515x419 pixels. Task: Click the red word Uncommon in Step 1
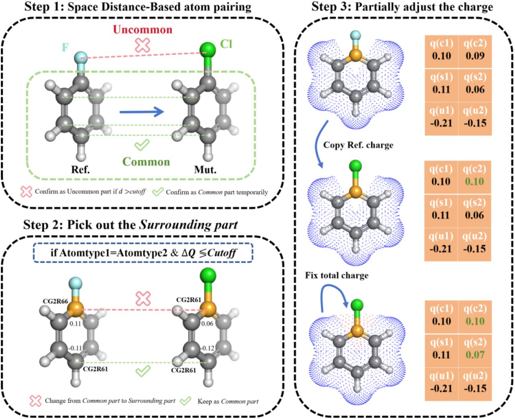tap(142, 30)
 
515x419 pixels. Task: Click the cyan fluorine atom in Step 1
tap(81, 57)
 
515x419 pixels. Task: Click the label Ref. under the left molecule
tap(80, 170)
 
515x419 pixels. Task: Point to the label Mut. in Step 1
tap(205, 170)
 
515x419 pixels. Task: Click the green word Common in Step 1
tap(146, 162)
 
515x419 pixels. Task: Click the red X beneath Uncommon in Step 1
tap(142, 46)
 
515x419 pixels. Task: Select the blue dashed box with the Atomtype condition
tap(143, 253)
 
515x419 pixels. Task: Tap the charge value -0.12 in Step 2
tap(207, 348)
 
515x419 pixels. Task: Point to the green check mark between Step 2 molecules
tap(142, 371)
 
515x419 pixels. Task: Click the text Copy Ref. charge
tap(358, 145)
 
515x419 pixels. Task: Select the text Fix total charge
tap(336, 276)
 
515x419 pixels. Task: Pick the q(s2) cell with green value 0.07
tap(475, 349)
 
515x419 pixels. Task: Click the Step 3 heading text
tap(402, 7)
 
